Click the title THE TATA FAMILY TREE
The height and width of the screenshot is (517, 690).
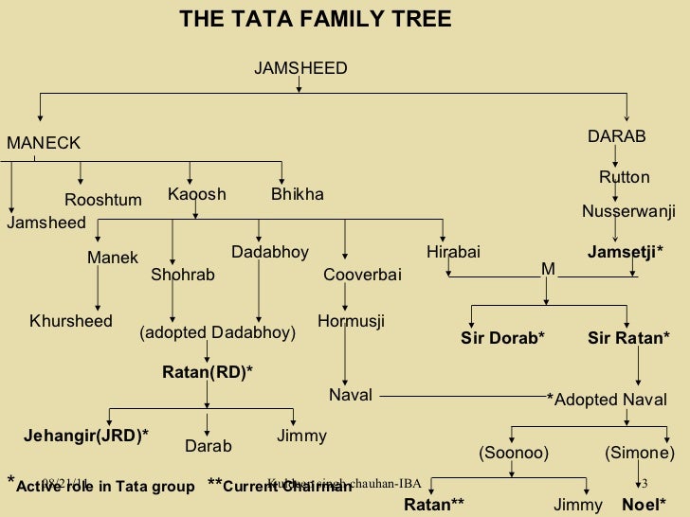click(316, 19)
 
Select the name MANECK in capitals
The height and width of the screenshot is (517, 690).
click(45, 143)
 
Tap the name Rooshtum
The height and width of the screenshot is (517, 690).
click(102, 200)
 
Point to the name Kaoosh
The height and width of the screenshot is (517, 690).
click(197, 194)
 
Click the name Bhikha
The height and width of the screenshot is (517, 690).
click(298, 194)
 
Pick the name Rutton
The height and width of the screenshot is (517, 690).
click(625, 177)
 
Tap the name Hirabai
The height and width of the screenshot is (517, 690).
click(453, 252)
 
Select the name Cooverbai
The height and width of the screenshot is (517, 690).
click(363, 275)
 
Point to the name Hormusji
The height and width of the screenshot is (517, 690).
click(351, 321)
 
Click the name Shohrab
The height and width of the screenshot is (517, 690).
click(183, 275)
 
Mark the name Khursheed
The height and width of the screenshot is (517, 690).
click(71, 321)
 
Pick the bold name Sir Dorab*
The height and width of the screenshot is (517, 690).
click(503, 338)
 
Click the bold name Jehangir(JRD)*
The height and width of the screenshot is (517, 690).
click(86, 435)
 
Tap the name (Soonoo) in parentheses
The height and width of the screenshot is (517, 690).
click(514, 454)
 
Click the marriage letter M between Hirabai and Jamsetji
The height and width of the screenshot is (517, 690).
click(548, 270)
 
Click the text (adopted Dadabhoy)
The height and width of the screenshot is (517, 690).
click(217, 333)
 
